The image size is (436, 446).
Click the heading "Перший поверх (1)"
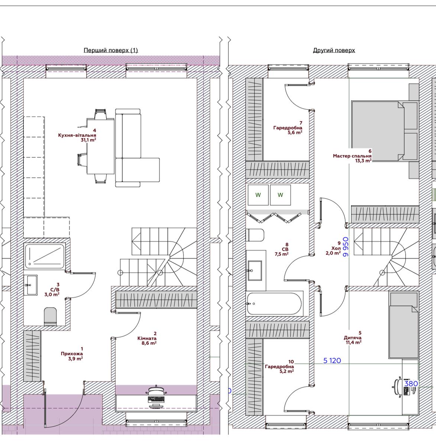(x=111, y=50)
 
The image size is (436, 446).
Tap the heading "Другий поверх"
(x=334, y=50)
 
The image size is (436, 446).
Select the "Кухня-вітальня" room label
(x=77, y=135)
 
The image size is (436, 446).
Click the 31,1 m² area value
(x=88, y=140)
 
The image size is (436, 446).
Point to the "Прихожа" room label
(x=72, y=353)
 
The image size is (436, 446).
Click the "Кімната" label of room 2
(x=147, y=338)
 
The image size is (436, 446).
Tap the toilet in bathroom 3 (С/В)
(x=50, y=317)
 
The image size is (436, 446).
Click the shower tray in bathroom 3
(x=45, y=256)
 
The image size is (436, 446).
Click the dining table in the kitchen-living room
(x=100, y=146)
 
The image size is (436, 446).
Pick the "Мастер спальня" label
(x=352, y=156)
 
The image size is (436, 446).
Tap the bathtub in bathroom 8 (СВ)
(x=274, y=303)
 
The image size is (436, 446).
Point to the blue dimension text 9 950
(x=346, y=247)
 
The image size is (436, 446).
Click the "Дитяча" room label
(x=353, y=337)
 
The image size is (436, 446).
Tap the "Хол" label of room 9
(x=336, y=248)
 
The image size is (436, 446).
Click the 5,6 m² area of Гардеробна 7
(x=295, y=132)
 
